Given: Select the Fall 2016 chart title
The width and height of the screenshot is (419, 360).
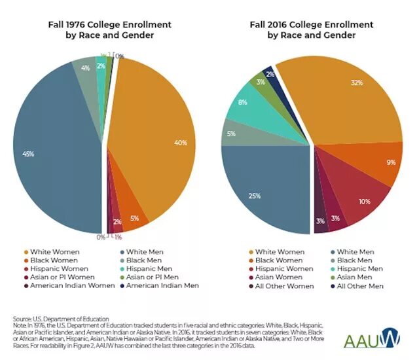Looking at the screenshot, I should [311, 29].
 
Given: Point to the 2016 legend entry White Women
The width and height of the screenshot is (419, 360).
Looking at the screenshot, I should [278, 251].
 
